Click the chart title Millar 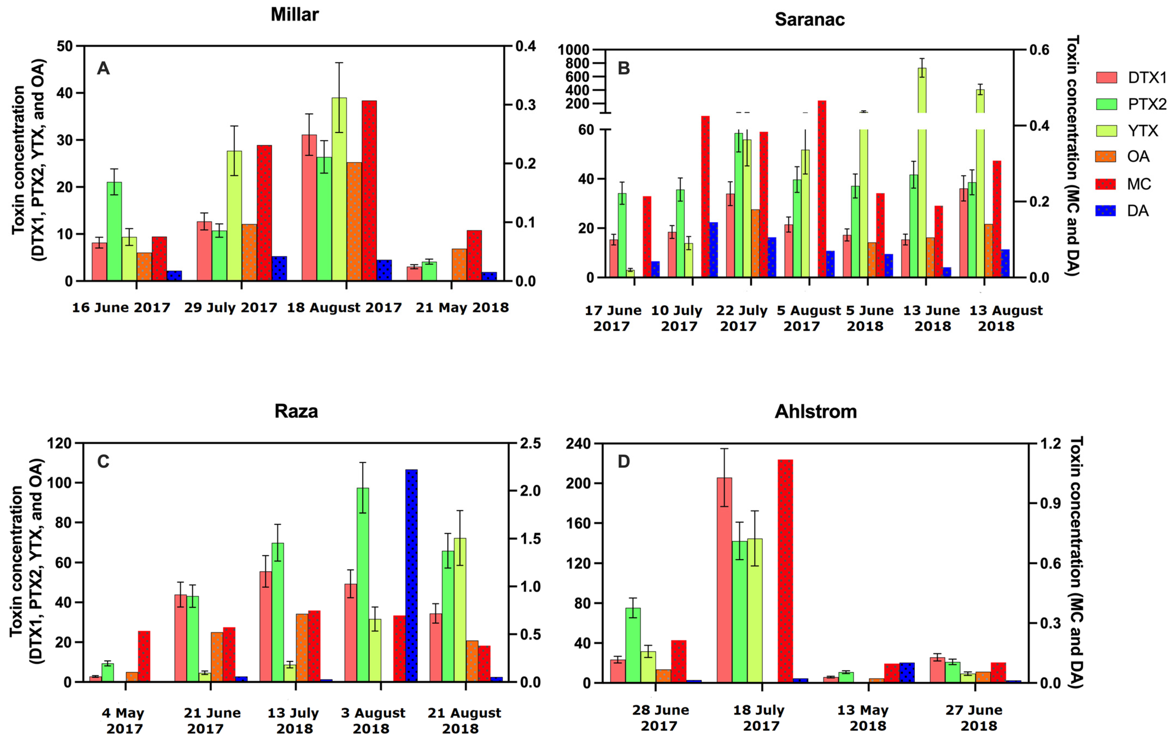[294, 14]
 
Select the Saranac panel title [810, 19]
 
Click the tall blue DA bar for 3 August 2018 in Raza [412, 575]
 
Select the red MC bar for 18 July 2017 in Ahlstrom [785, 570]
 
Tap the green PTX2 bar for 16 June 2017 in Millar [115, 231]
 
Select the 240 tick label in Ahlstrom [578, 444]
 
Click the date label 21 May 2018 [462, 308]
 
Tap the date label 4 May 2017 [123, 721]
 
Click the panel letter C [103, 461]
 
